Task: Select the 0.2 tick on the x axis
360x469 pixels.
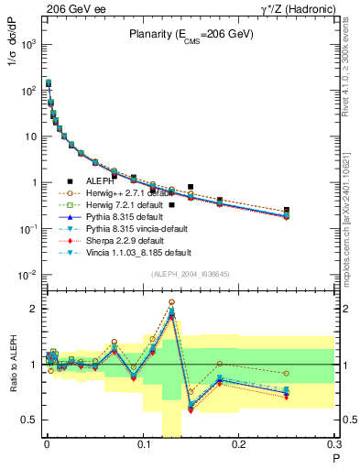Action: (x=240, y=446)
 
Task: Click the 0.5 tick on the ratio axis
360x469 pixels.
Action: (x=31, y=420)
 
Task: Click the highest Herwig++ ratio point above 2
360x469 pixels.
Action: (x=171, y=301)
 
